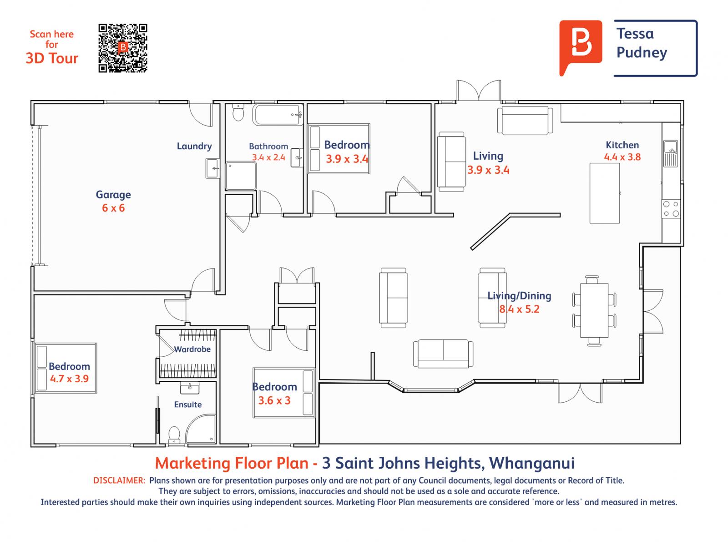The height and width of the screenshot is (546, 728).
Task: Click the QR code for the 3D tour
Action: pyautogui.click(x=123, y=48)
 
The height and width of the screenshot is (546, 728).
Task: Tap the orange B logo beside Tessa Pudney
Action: pyautogui.click(x=581, y=47)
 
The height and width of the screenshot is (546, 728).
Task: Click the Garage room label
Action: pyautogui.click(x=113, y=195)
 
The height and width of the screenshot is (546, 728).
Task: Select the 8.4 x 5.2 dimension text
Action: pyautogui.click(x=519, y=309)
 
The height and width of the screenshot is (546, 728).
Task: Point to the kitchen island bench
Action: pyautogui.click(x=605, y=193)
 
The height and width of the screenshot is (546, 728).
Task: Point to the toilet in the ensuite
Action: pyautogui.click(x=175, y=435)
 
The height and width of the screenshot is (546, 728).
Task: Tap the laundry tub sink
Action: pyautogui.click(x=213, y=168)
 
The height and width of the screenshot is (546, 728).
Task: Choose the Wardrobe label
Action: pyautogui.click(x=192, y=349)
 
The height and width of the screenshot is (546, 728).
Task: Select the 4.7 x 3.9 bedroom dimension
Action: pyautogui.click(x=69, y=379)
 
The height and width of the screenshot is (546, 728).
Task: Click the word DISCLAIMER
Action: pyautogui.click(x=119, y=480)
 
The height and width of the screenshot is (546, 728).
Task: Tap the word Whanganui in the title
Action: pyautogui.click(x=531, y=463)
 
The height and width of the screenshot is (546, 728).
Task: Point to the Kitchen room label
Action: pyautogui.click(x=622, y=145)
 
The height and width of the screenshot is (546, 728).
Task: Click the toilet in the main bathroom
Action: pyautogui.click(x=238, y=112)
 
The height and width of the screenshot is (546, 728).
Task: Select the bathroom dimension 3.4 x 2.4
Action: pyautogui.click(x=268, y=157)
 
